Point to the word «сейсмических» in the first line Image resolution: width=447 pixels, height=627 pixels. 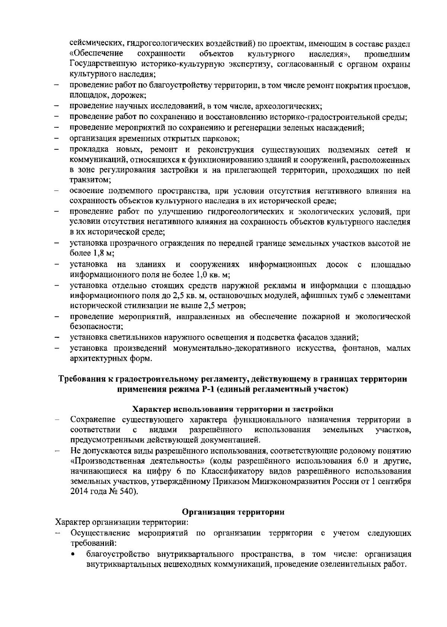(97, 44)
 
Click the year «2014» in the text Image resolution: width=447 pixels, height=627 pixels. (79, 491)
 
